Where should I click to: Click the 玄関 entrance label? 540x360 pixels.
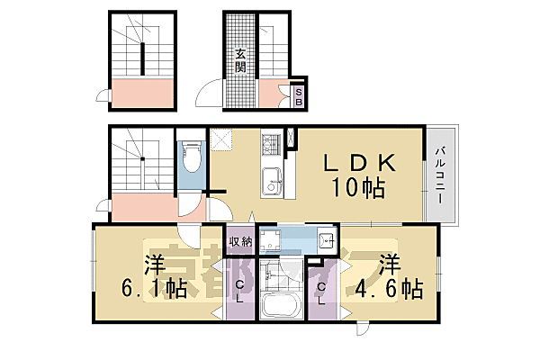(x=240, y=60)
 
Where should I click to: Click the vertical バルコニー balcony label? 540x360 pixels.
(x=440, y=176)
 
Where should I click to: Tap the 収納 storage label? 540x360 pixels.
(x=239, y=240)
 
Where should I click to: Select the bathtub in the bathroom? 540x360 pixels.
(x=281, y=303)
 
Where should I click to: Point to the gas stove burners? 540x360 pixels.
(x=271, y=143)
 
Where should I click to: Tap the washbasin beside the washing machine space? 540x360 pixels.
(x=327, y=240)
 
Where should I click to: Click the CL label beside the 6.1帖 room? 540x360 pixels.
(x=239, y=292)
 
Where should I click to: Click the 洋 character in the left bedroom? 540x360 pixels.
(x=154, y=265)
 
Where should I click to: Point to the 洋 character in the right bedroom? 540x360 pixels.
(x=389, y=265)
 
